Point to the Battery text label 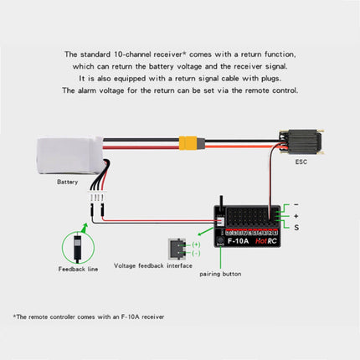[x=67, y=181]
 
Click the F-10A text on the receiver [x=237, y=241]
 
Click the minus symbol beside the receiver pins [x=296, y=204]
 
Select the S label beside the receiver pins [x=296, y=226]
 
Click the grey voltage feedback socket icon [x=177, y=248]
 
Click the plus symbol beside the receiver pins [x=296, y=215]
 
